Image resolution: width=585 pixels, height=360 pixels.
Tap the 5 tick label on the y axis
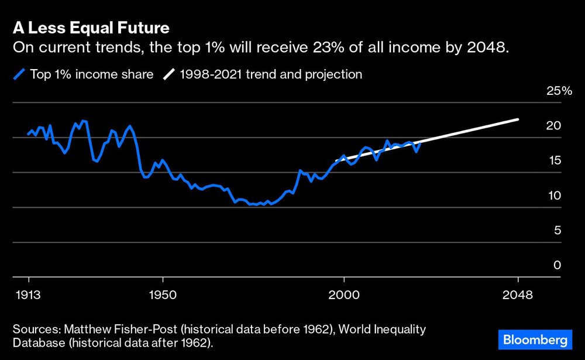pos(557,230)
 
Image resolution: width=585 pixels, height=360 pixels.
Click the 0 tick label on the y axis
pos(557,265)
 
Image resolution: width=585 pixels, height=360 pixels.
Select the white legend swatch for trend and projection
pos(169,74)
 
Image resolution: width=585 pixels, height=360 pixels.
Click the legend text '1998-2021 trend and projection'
pos(271,74)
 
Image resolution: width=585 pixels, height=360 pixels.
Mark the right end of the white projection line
pos(518,119)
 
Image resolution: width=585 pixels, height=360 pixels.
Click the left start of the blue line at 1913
pos(29,134)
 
